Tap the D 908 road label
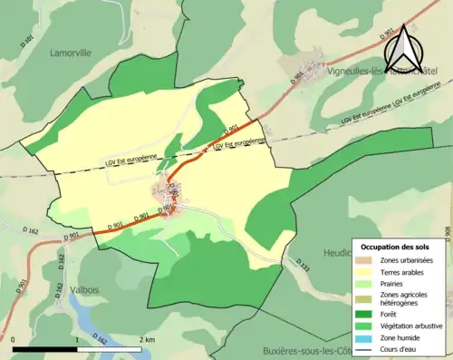pyautogui.click(x=448, y=234)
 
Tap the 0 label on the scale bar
pyautogui.click(x=14, y=338)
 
